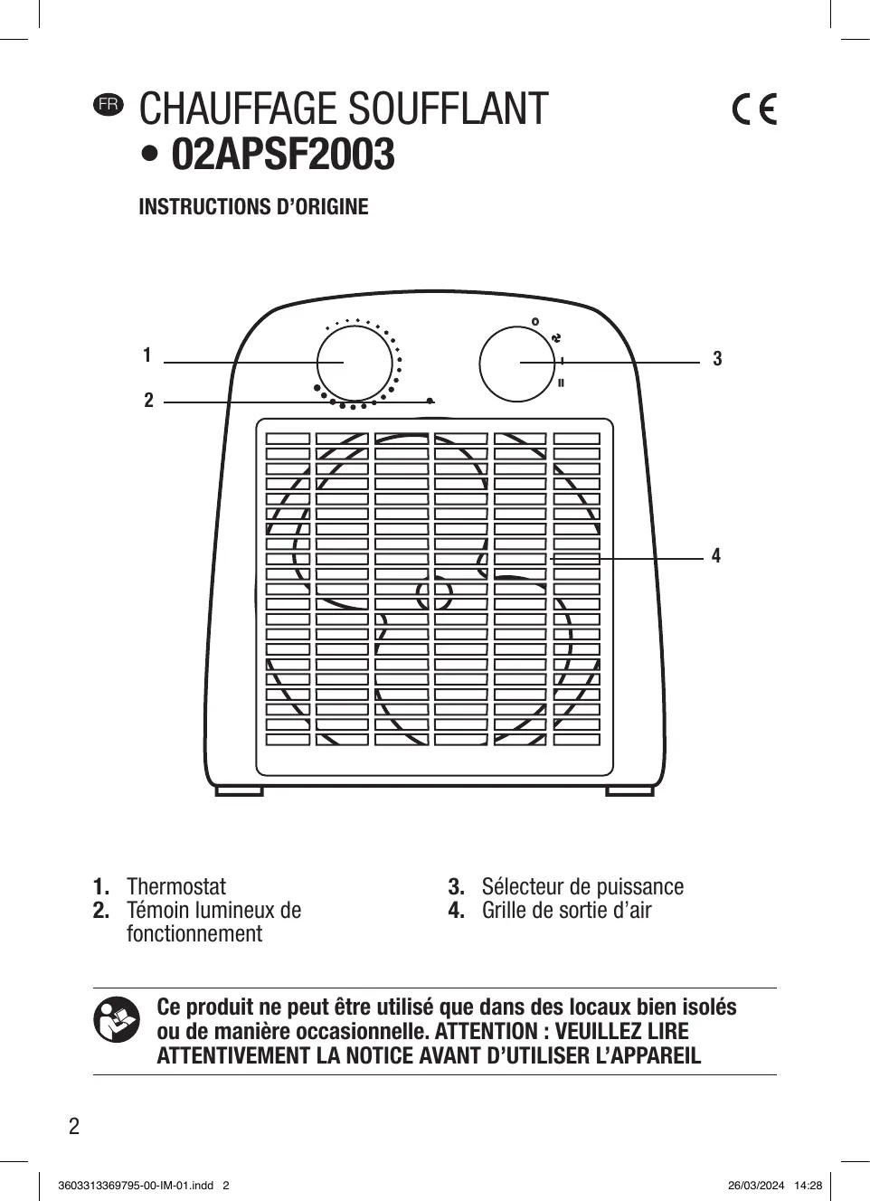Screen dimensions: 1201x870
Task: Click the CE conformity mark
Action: click(753, 109)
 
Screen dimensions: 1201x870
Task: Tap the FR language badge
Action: click(109, 105)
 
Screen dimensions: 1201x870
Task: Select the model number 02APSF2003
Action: click(282, 155)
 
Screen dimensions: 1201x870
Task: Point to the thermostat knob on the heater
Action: click(355, 363)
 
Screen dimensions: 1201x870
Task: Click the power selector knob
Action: click(516, 364)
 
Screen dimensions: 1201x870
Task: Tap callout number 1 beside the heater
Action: click(147, 355)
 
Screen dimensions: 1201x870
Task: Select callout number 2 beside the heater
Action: click(148, 400)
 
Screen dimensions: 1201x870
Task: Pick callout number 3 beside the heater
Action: click(717, 359)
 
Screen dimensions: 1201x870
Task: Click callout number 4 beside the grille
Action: click(715, 555)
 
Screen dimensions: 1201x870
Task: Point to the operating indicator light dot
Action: click(430, 401)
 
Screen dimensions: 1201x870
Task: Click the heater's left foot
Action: click(239, 790)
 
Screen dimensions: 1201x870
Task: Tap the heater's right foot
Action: click(629, 790)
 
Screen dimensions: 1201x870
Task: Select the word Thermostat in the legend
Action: click(176, 886)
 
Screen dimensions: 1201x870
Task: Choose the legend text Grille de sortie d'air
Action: click(566, 911)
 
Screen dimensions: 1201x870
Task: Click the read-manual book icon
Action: click(117, 1020)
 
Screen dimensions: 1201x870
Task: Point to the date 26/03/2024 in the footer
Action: click(756, 1186)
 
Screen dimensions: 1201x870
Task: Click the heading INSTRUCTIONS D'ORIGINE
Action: click(253, 207)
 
